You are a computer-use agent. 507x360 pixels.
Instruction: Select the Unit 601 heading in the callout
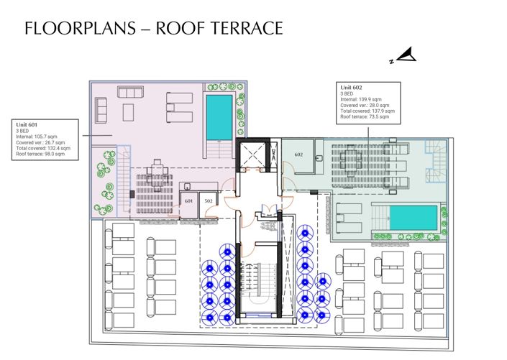coord(28,124)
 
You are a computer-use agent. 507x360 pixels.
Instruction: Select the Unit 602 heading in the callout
coord(352,88)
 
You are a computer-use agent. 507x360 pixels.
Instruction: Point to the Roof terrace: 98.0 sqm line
coord(41,154)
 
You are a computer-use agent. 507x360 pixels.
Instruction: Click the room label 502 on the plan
coord(209,201)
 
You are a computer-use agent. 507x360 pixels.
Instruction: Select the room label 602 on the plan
coord(299,154)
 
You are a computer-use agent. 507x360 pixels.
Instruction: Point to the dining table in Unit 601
coord(153,173)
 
